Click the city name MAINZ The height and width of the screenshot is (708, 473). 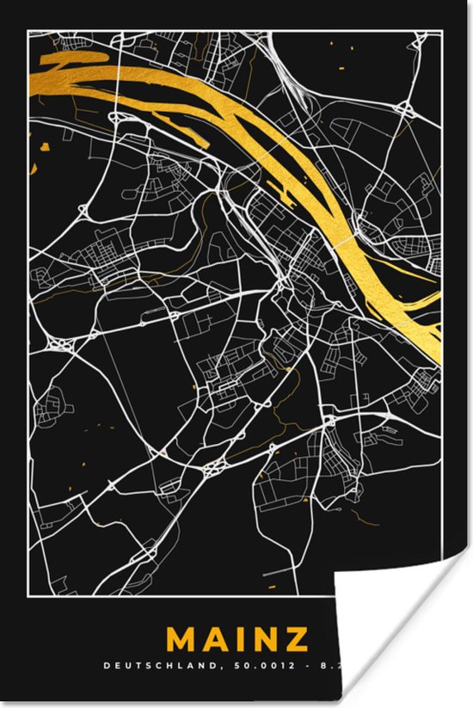pos(237,640)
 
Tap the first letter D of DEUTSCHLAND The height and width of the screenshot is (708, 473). pos(107,665)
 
